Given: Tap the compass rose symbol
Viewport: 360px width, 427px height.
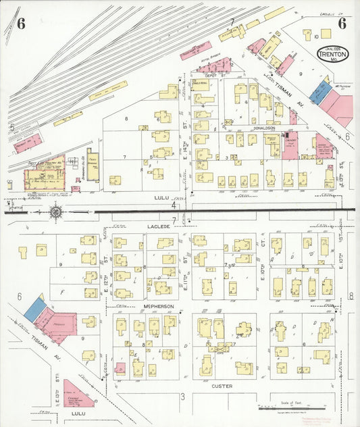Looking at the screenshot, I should coord(55,211).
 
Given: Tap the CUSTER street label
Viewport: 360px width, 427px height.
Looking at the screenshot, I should coord(222,386).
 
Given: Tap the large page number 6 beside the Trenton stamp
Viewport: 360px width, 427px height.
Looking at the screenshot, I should coord(342,23).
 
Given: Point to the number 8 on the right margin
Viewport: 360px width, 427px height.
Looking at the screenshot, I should coord(351,296).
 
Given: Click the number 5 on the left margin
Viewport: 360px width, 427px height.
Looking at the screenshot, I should coord(11,126).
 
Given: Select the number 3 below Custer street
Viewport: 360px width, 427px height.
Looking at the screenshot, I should coord(182,396).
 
